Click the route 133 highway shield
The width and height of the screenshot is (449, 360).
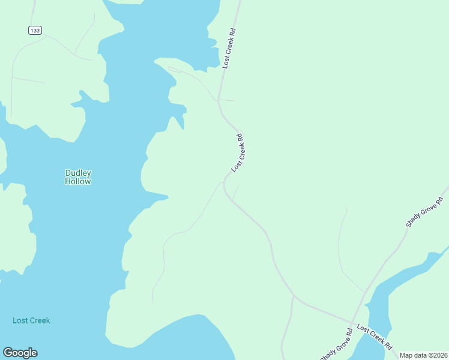(35, 30)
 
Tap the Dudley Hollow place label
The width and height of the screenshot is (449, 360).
(78, 177)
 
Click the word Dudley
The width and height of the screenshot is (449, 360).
(78, 173)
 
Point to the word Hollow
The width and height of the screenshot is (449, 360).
(78, 181)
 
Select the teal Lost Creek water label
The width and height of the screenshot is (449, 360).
(31, 320)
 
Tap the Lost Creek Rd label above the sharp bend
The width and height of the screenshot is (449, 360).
(238, 152)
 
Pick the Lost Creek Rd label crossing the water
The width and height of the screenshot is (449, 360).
(375, 337)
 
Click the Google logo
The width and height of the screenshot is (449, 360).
(20, 353)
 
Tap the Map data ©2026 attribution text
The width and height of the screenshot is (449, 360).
(423, 355)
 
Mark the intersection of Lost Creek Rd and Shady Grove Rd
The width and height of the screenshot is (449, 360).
(352, 322)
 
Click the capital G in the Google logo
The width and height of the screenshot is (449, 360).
(8, 353)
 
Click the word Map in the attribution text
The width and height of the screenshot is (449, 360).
(406, 355)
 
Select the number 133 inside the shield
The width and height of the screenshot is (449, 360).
(35, 30)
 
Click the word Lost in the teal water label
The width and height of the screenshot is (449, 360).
(20, 320)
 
